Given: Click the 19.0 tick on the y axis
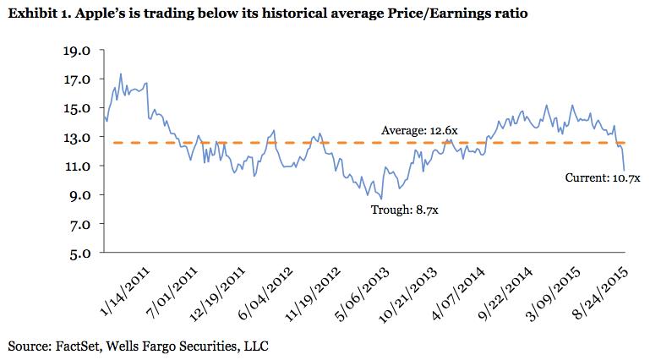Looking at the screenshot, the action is pyautogui.click(x=77, y=51).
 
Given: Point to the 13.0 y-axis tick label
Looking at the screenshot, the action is pyautogui.click(x=77, y=138).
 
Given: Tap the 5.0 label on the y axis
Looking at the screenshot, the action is pyautogui.click(x=79, y=254).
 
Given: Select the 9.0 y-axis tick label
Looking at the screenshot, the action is pyautogui.click(x=79, y=195).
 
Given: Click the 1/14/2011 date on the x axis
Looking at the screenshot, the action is pyautogui.click(x=124, y=292).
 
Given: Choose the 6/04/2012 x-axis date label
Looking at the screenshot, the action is pyautogui.click(x=265, y=293).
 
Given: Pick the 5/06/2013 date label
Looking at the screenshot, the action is pyautogui.click(x=362, y=294).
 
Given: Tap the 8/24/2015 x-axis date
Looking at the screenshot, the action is pyautogui.click(x=600, y=293).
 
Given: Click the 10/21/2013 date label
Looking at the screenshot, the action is pyautogui.click(x=407, y=295).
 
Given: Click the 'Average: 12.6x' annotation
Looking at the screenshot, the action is pyautogui.click(x=419, y=131).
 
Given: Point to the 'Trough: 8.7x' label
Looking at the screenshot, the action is pyautogui.click(x=404, y=210).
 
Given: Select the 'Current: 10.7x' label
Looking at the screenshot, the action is pyautogui.click(x=603, y=178).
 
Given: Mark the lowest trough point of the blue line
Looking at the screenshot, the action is pyautogui.click(x=381, y=199).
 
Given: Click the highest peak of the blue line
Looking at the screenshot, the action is pyautogui.click(x=121, y=74).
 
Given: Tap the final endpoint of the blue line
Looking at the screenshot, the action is pyautogui.click(x=624, y=170).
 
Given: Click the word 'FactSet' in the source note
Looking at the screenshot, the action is pyautogui.click(x=78, y=346).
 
